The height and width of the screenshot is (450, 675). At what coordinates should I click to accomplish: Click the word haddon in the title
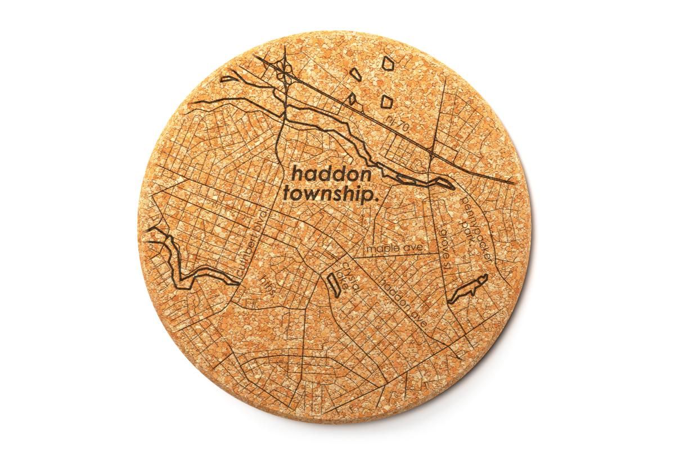tap(331, 174)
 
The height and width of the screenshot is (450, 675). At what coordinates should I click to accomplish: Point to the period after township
tap(373, 198)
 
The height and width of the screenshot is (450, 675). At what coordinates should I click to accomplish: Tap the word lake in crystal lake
tap(341, 281)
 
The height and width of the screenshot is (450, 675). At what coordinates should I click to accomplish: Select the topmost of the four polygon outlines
tap(388, 62)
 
